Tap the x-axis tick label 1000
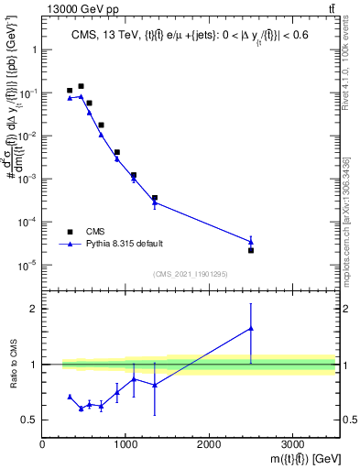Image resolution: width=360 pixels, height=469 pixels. [x=125, y=443]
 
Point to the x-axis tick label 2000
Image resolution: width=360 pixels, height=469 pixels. [x=209, y=443]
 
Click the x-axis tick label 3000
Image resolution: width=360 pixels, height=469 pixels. [x=292, y=443]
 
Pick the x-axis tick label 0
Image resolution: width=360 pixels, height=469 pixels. [x=43, y=443]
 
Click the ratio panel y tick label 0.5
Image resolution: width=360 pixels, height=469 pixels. [x=29, y=420]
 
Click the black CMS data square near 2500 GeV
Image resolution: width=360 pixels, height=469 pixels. [x=251, y=250]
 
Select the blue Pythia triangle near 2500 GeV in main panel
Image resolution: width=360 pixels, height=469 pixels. [x=251, y=242]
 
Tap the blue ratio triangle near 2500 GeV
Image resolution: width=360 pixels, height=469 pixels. [x=251, y=328]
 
